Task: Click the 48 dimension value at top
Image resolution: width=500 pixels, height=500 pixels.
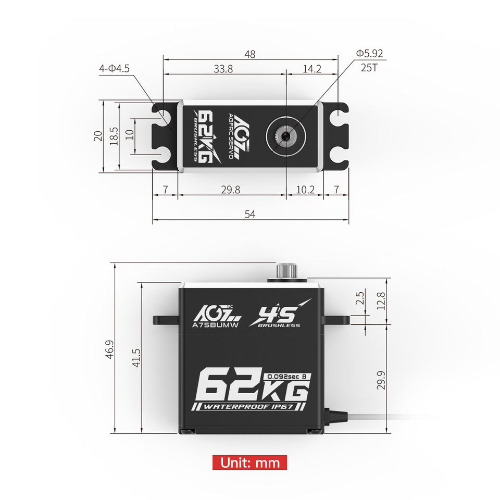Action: (x=250, y=54)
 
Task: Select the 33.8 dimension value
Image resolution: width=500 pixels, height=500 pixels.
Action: (x=223, y=69)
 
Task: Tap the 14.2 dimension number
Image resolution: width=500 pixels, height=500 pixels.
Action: (x=312, y=69)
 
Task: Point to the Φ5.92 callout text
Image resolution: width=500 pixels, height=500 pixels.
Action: (x=370, y=53)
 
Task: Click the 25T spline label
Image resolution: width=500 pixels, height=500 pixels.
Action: (x=369, y=68)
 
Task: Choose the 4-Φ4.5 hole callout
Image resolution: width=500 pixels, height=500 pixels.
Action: (x=115, y=69)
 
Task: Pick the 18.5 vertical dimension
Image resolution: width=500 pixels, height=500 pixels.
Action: (x=114, y=136)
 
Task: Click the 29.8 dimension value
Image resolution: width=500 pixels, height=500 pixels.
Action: (x=231, y=190)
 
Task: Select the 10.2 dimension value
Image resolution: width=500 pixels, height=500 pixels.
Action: (x=305, y=190)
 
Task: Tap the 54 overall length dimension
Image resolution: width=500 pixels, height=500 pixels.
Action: (x=250, y=214)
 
